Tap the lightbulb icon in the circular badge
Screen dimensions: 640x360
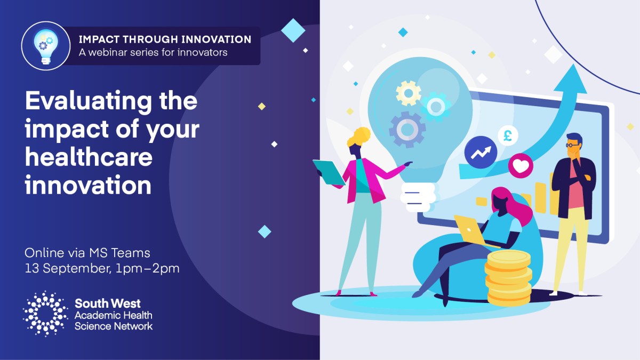tap(46, 46)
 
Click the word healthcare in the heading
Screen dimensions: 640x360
tap(89, 157)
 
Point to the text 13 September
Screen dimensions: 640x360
tap(68, 269)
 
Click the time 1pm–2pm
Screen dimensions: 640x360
tap(147, 269)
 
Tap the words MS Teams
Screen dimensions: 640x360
tap(119, 253)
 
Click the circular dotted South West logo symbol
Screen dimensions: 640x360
tap(45, 314)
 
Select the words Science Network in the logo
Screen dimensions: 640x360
tap(114, 326)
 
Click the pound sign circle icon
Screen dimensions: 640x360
tap(508, 135)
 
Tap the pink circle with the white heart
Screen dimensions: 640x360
tap(521, 166)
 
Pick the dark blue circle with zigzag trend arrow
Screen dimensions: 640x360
tap(481, 153)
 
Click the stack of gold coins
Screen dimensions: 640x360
tap(509, 278)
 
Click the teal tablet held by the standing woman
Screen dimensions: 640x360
tap(329, 172)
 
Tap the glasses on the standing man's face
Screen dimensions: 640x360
tap(572, 145)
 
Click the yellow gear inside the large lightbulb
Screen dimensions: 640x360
tap(409, 93)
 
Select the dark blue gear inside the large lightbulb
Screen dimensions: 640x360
tap(407, 130)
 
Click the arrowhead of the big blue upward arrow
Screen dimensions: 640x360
tap(570, 79)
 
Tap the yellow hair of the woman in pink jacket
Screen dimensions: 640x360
tap(358, 137)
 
